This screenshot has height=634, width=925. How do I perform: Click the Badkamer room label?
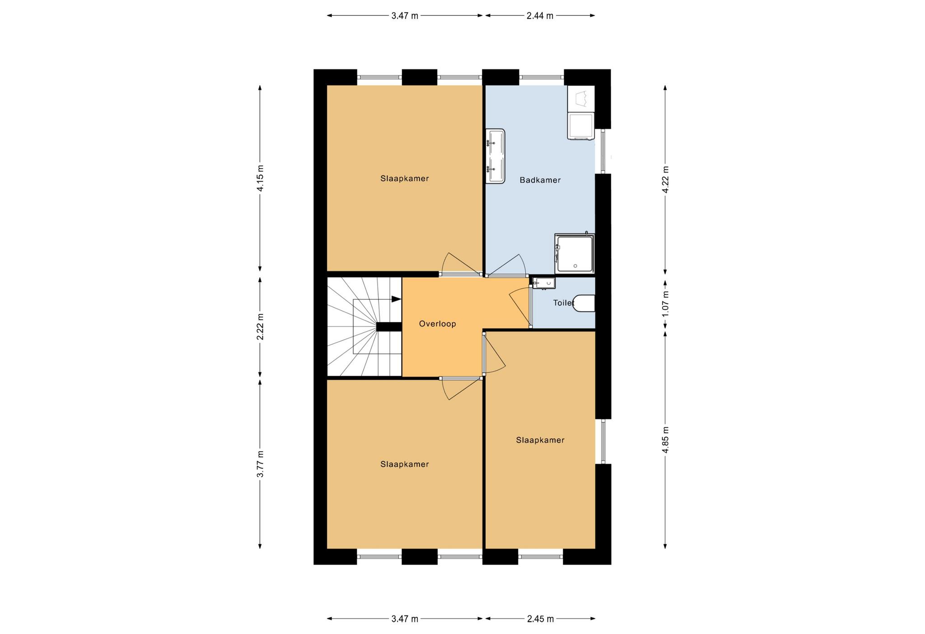[x=540, y=180]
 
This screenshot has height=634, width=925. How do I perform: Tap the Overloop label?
[x=437, y=324]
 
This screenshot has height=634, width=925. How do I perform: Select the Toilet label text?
[x=564, y=303]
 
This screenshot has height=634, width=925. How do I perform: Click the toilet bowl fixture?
[x=584, y=303]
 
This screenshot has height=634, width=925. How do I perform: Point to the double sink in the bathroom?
[x=495, y=156]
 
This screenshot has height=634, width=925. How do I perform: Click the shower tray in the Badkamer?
[x=575, y=254]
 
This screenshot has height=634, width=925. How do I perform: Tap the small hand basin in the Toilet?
[x=543, y=284]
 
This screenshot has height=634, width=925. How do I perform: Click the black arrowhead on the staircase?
[x=396, y=299]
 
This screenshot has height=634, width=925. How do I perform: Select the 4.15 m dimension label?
[x=260, y=178]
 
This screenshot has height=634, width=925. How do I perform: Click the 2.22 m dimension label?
[x=260, y=326]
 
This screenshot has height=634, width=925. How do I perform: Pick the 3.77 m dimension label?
[x=260, y=464]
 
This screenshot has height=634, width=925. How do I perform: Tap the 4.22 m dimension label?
[x=665, y=179]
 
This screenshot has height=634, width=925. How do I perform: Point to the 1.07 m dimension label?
[x=665, y=303]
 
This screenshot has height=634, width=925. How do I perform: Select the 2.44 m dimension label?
[x=540, y=16]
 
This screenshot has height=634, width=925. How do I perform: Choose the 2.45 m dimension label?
[x=540, y=619]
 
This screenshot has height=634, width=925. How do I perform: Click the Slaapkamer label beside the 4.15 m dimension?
[x=404, y=178]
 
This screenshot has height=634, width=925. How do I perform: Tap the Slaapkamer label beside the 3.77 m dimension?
[x=404, y=464]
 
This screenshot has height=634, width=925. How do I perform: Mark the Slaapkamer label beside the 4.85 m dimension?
[x=540, y=440]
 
